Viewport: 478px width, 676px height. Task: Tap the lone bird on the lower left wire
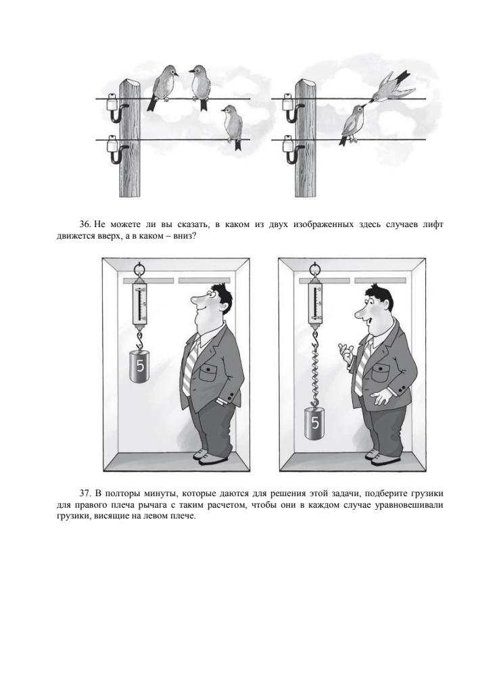tap(233, 126)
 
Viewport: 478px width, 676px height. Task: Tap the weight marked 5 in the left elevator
tap(139, 366)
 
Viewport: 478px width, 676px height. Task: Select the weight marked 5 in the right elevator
tap(315, 423)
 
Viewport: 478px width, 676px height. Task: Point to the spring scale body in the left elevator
tap(140, 302)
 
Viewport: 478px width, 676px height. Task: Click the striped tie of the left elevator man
tap(190, 366)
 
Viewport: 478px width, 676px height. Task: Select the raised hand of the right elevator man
tap(345, 352)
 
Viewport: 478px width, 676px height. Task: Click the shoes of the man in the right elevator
tap(380, 457)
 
